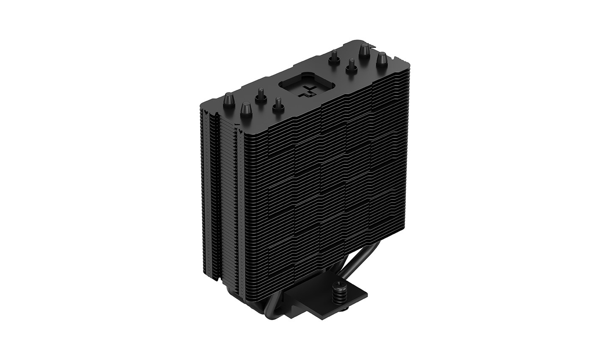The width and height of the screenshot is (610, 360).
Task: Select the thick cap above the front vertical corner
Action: [x=246, y=109]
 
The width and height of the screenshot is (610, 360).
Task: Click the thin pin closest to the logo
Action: [x=277, y=103]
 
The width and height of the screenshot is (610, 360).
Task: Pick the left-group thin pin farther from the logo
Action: [x=261, y=94]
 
